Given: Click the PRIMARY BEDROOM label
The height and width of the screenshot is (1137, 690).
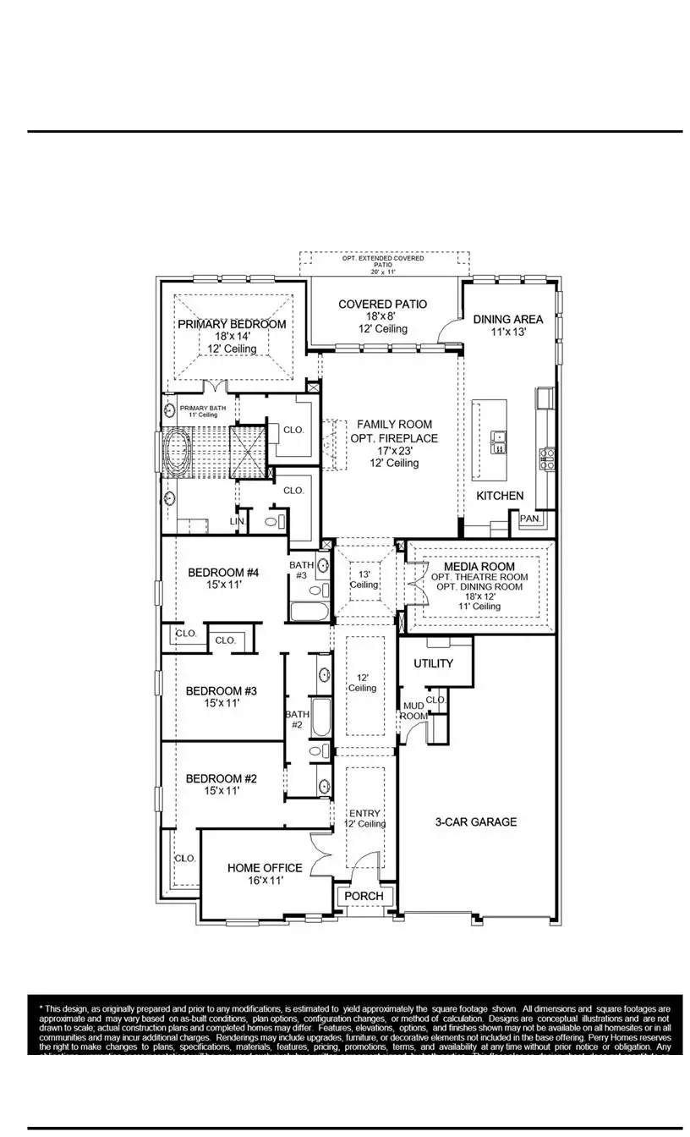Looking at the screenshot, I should pyautogui.click(x=232, y=324).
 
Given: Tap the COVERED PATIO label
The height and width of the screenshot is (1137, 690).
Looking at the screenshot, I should pyautogui.click(x=382, y=304).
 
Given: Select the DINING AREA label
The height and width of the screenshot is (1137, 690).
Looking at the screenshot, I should pyautogui.click(x=507, y=319).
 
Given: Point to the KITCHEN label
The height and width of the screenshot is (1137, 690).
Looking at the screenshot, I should pyautogui.click(x=499, y=496).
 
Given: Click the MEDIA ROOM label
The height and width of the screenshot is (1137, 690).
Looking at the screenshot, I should pyautogui.click(x=479, y=566).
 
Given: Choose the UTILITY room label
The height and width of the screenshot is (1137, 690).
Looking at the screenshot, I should pyautogui.click(x=433, y=663).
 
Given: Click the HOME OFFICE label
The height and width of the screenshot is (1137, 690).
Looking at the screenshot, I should pyautogui.click(x=265, y=868).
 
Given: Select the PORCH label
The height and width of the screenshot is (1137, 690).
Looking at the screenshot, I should pyautogui.click(x=364, y=896).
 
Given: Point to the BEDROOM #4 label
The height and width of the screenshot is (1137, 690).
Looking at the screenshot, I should pyautogui.click(x=222, y=572).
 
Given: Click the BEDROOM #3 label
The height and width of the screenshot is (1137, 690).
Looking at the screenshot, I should pyautogui.click(x=221, y=690).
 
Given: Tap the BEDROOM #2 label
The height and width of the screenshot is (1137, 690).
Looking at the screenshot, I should pyautogui.click(x=221, y=778).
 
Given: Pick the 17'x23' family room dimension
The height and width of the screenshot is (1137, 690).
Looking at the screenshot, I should pyautogui.click(x=394, y=451).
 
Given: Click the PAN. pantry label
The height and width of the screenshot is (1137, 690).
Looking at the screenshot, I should pyautogui.click(x=531, y=519).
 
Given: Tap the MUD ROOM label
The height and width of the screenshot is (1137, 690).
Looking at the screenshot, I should pyautogui.click(x=413, y=711).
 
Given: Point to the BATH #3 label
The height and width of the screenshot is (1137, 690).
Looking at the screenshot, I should pyautogui.click(x=301, y=570).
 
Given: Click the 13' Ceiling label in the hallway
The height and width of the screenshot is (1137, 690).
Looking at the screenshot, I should pyautogui.click(x=364, y=579).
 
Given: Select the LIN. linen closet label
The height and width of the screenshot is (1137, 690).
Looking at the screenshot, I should pyautogui.click(x=238, y=522).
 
